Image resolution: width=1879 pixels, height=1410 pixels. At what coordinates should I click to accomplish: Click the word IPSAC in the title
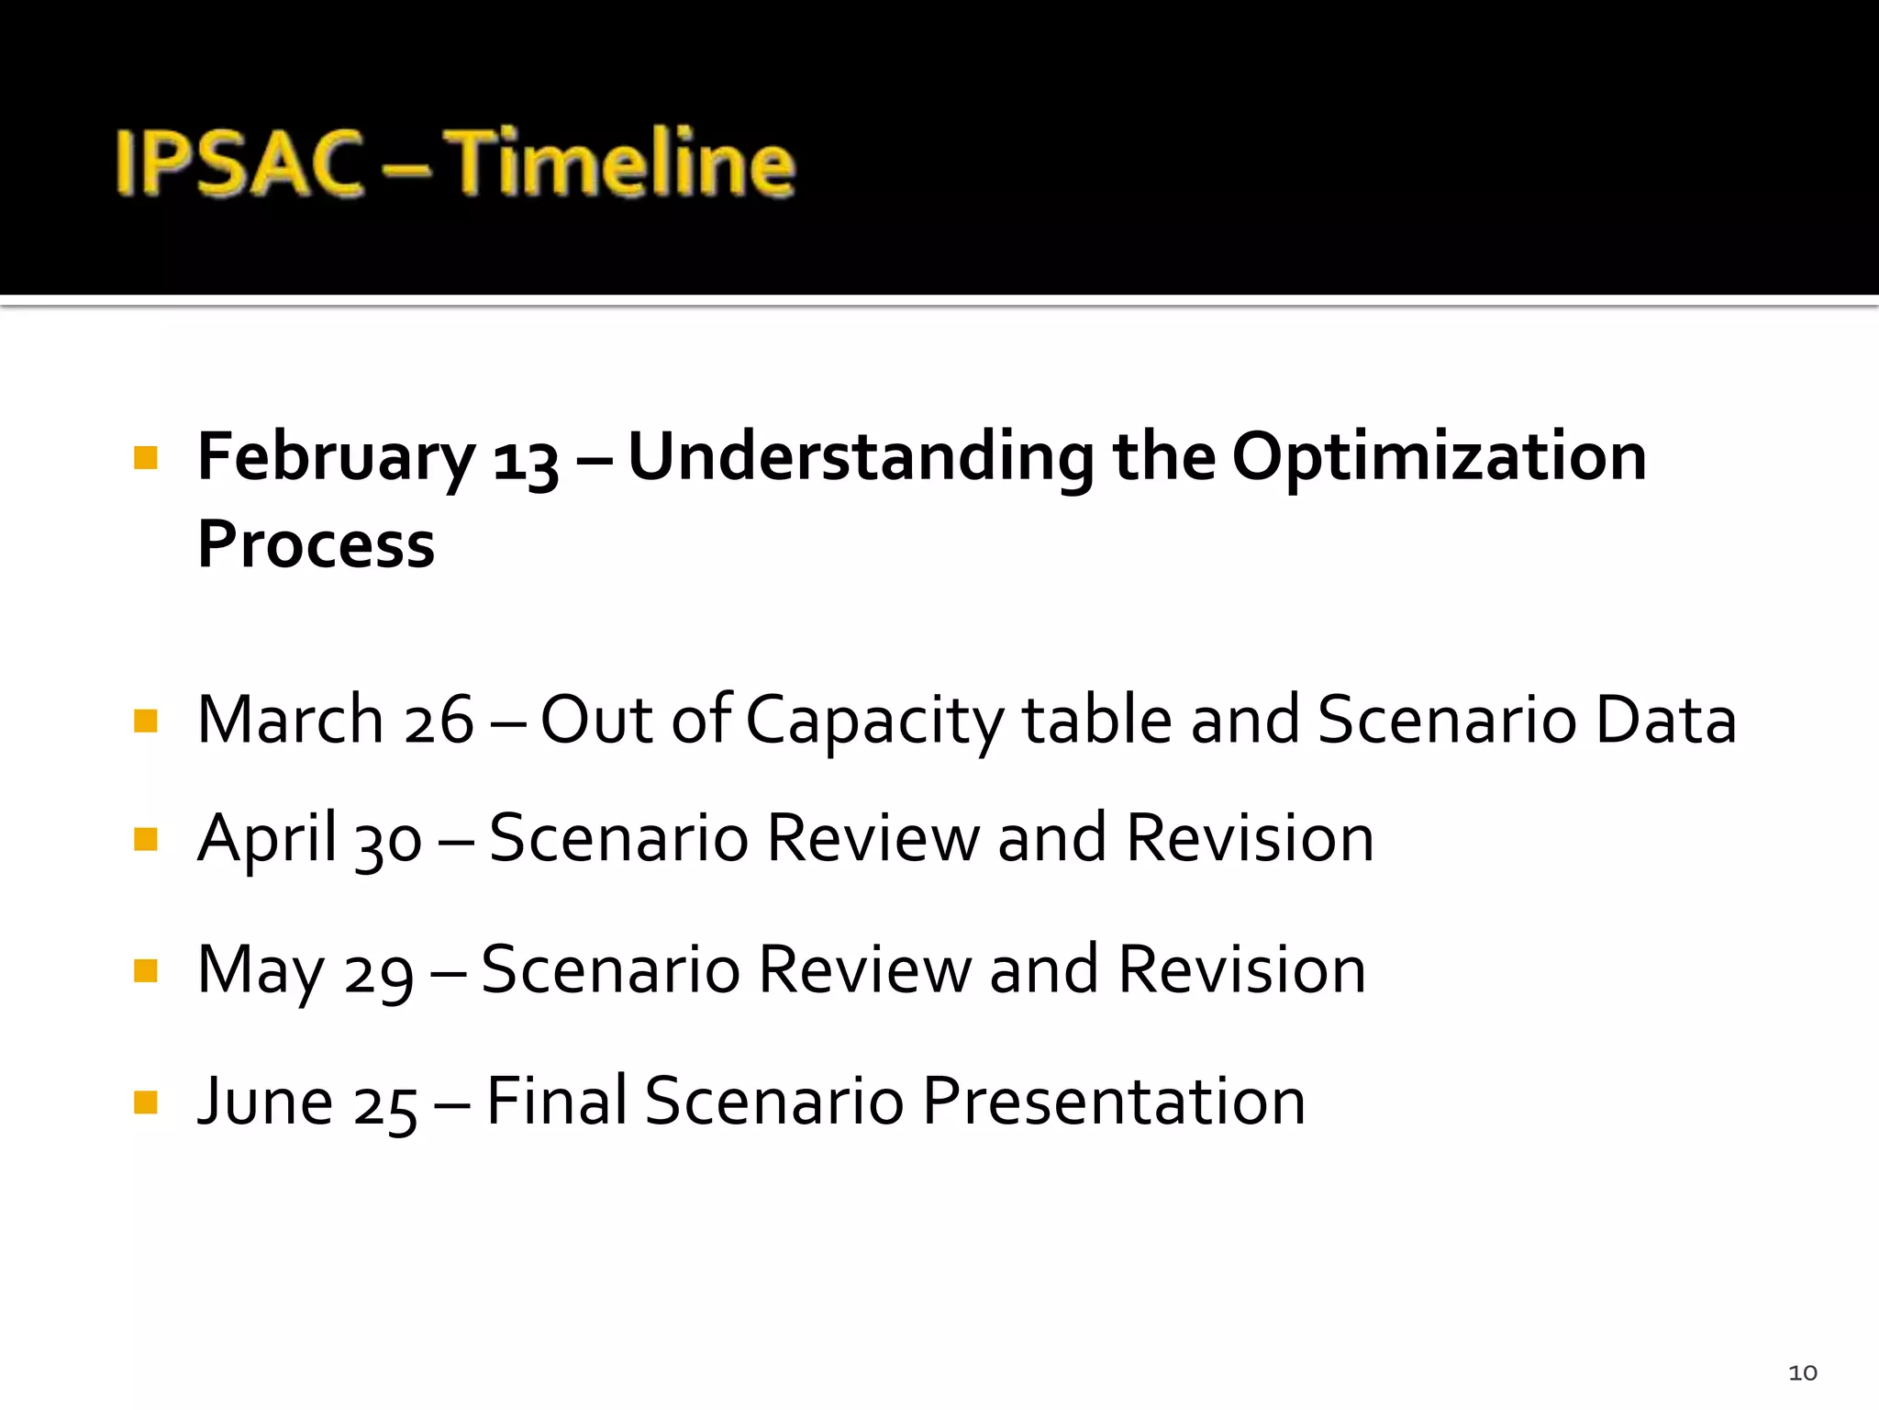pyautogui.click(x=240, y=163)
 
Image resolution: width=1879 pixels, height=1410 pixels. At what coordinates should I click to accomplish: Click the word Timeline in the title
pyautogui.click(x=624, y=163)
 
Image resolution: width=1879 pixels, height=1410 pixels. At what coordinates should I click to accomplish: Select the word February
pyautogui.click(x=336, y=458)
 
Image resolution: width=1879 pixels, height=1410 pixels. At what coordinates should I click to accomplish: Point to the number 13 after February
pyautogui.click(x=525, y=461)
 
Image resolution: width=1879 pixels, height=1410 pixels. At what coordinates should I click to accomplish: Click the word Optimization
pyautogui.click(x=1439, y=458)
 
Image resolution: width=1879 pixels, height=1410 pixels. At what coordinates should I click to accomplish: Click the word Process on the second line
pyautogui.click(x=316, y=545)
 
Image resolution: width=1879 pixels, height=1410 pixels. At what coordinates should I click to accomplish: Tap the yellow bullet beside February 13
pyautogui.click(x=146, y=457)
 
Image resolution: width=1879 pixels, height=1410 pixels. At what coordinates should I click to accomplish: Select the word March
pyautogui.click(x=290, y=720)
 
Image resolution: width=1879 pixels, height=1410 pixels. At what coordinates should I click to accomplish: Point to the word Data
pyautogui.click(x=1665, y=720)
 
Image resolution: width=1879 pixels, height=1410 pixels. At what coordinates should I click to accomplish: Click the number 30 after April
pyautogui.click(x=388, y=841)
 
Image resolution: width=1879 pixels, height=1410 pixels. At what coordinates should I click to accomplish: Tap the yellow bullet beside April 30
pyautogui.click(x=146, y=838)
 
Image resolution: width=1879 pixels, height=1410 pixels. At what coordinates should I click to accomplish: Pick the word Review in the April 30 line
pyautogui.click(x=873, y=838)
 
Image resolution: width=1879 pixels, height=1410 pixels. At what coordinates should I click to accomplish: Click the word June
pyautogui.click(x=265, y=1101)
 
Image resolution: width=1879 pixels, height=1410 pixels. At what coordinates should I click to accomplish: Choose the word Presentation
pyautogui.click(x=1113, y=1101)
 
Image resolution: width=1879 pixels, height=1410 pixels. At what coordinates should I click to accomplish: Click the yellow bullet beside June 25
pyautogui.click(x=146, y=1101)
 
